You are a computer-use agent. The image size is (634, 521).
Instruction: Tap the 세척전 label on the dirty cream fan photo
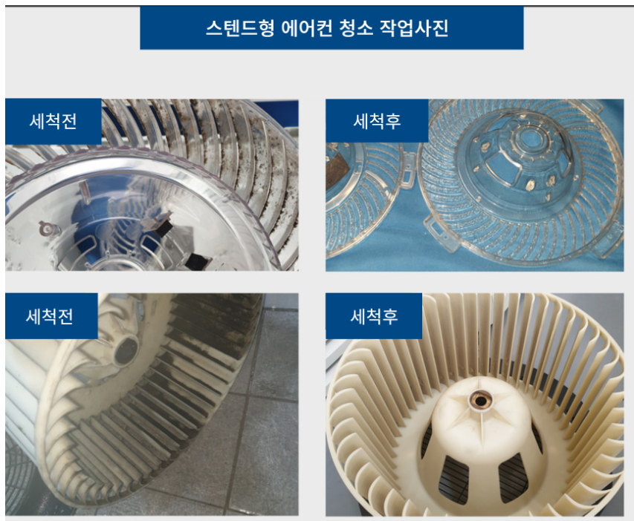click(51, 315)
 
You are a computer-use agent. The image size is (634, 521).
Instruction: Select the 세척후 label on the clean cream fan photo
click(374, 315)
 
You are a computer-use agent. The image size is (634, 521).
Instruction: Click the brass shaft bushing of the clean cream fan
click(474, 402)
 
